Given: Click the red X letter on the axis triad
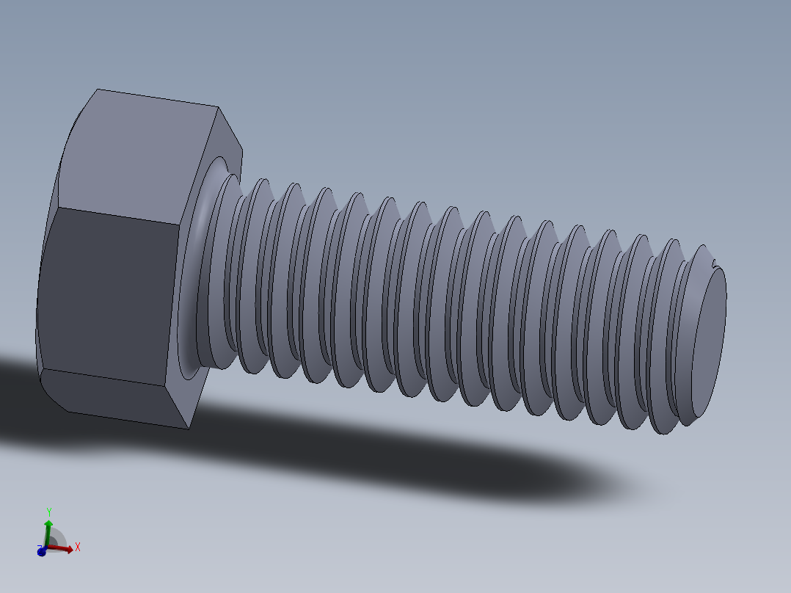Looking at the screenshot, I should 77,547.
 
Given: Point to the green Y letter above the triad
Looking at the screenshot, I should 48,510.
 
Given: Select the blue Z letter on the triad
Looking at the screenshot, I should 37,547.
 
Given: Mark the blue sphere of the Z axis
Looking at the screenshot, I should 42,551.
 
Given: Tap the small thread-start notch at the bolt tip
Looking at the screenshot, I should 713,258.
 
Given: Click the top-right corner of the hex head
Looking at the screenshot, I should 218,107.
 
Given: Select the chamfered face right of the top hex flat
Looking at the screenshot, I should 227,139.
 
